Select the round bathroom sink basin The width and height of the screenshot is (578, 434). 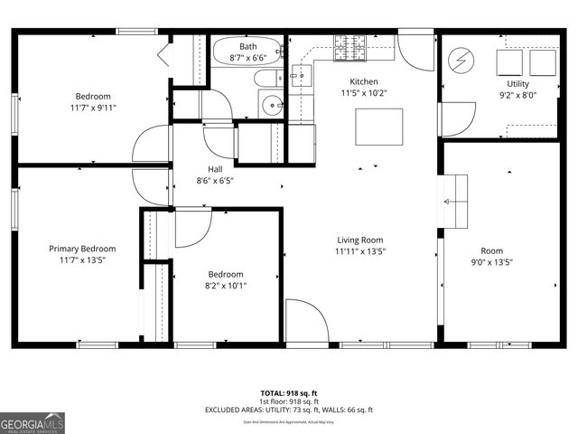click(273, 106)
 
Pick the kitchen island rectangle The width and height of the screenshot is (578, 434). click(378, 127)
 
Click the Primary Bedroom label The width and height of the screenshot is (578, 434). click(81, 249)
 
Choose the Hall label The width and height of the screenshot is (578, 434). click(214, 168)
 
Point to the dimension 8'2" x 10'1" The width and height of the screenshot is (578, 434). click(226, 286)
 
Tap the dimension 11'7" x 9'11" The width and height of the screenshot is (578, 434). click(93, 108)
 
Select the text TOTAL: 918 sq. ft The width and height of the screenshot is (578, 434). click(289, 392)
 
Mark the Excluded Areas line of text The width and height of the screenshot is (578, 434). click(289, 410)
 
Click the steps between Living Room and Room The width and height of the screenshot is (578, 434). click(455, 201)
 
